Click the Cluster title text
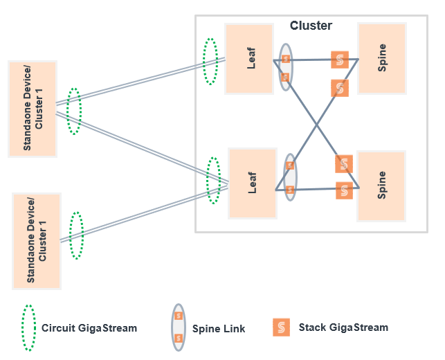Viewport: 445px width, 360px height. (311, 26)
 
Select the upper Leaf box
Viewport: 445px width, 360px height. (250, 59)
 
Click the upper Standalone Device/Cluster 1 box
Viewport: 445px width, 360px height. (33, 109)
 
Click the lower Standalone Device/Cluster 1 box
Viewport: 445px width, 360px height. (36, 241)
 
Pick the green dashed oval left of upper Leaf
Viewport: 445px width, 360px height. (210, 62)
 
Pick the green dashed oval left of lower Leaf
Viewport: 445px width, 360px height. (214, 181)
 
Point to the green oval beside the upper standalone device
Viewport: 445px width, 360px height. (74, 111)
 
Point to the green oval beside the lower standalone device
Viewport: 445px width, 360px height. (76, 235)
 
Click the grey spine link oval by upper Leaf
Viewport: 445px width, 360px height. (285, 67)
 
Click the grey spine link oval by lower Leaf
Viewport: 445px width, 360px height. (291, 177)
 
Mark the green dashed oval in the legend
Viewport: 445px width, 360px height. (28, 327)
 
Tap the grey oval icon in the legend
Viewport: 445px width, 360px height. (179, 327)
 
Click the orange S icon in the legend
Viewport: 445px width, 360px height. (281, 327)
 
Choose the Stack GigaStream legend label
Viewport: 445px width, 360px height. (343, 327)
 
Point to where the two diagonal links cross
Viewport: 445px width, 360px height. (317, 125)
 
